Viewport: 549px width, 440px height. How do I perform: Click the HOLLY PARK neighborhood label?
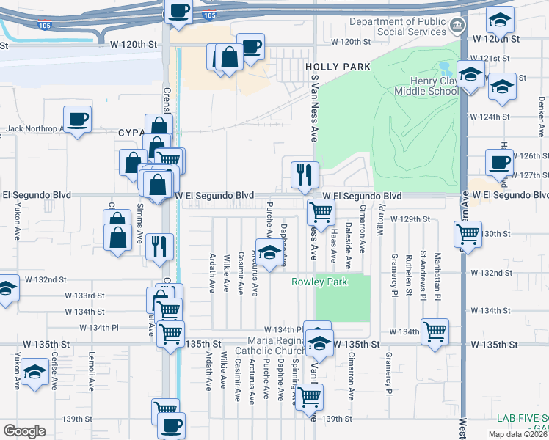[x=338, y=67]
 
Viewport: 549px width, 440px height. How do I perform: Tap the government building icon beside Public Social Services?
[x=457, y=26]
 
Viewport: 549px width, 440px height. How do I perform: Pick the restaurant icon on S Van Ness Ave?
[x=305, y=175]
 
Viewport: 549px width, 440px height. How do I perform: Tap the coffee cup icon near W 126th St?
[x=500, y=162]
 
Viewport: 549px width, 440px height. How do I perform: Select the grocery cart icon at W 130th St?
[x=468, y=233]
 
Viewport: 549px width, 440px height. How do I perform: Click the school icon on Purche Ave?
[x=269, y=252]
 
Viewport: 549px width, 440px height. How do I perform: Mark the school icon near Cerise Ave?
[x=34, y=372]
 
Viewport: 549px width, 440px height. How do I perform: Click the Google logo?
[x=24, y=431]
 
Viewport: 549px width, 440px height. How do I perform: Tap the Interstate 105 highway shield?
[x=209, y=15]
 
